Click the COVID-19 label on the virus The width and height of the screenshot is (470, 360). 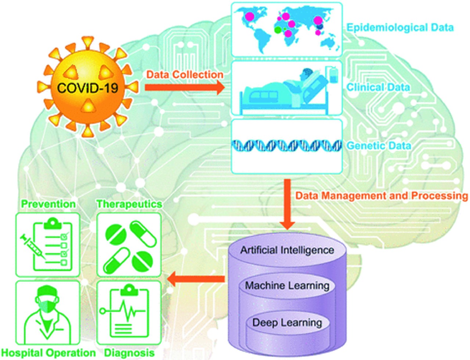click(x=87, y=88)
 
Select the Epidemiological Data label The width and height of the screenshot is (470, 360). click(x=400, y=28)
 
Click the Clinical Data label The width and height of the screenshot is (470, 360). click(x=378, y=87)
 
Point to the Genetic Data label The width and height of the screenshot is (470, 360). click(x=379, y=146)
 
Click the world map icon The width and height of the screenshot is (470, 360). click(x=286, y=29)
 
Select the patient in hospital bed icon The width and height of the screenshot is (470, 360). click(x=286, y=88)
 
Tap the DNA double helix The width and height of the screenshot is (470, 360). click(x=286, y=146)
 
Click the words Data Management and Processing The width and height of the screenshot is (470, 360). click(x=382, y=196)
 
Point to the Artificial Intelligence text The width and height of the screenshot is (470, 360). click(x=287, y=250)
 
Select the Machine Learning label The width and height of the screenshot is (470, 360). click(x=287, y=286)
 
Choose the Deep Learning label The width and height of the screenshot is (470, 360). click(x=287, y=323)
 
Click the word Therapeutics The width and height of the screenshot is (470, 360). click(x=129, y=204)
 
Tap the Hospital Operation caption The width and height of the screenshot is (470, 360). click(x=48, y=353)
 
